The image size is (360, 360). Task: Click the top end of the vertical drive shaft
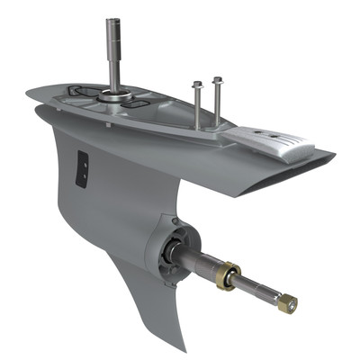[113, 21]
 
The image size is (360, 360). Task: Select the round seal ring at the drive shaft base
[114, 93]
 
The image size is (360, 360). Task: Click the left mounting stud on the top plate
[197, 103]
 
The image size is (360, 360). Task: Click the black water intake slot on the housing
[83, 169]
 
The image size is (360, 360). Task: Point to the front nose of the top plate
[30, 92]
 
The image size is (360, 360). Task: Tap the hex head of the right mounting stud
[217, 81]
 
